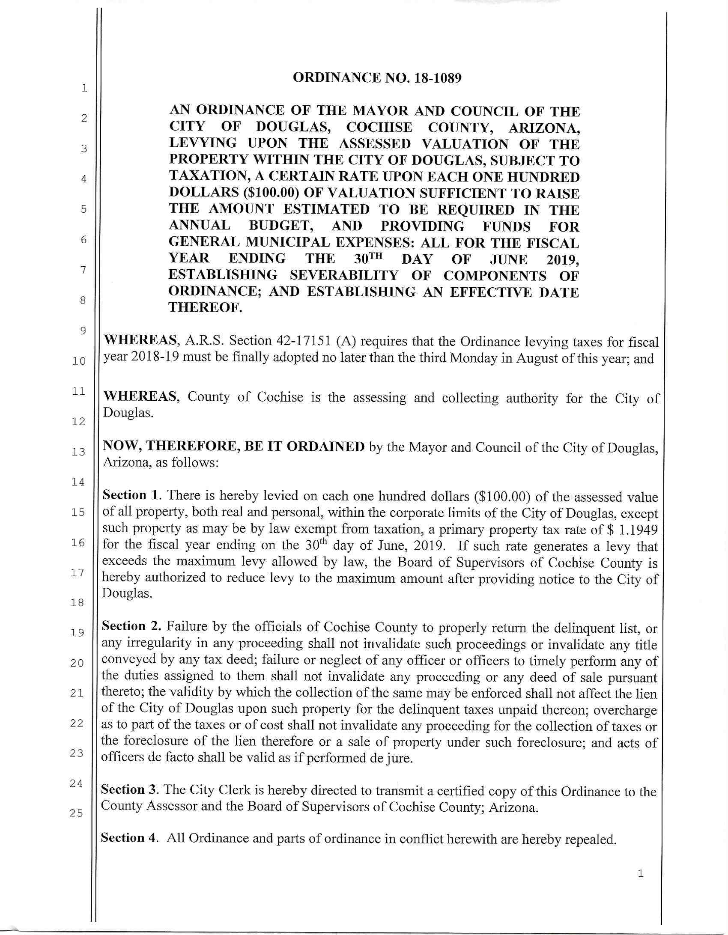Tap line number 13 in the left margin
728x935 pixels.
(x=78, y=452)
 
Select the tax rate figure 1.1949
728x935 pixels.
(x=638, y=530)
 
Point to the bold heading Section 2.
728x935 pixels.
(x=131, y=626)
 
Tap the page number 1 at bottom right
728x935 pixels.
(x=641, y=874)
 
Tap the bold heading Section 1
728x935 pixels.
(x=130, y=496)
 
